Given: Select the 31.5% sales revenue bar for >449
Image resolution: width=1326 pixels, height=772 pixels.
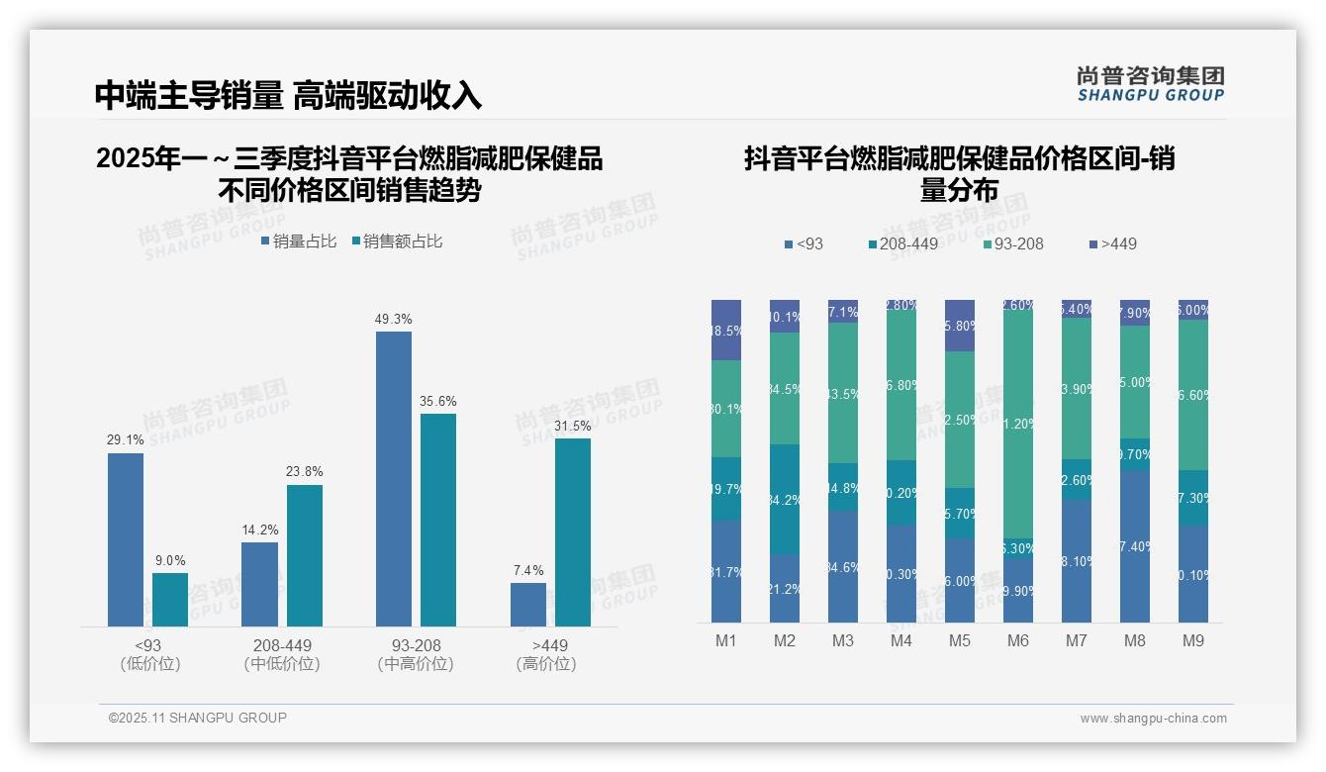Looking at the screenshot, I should point(572,532).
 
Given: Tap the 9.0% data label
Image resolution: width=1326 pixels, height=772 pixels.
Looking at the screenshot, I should point(170,560).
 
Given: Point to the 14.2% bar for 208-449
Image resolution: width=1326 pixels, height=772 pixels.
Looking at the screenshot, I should point(259,584).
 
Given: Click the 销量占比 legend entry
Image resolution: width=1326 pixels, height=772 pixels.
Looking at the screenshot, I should point(299,241).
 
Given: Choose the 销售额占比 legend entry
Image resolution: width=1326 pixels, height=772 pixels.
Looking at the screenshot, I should point(397,241).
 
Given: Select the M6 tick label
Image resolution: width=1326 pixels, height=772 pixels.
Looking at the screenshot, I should point(1018,640).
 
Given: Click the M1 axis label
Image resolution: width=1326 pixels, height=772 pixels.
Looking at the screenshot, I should point(726,640).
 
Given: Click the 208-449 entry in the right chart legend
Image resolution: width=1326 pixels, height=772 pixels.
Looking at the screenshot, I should point(903,243).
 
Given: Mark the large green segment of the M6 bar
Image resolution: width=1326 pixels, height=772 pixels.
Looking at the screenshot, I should point(1018,424).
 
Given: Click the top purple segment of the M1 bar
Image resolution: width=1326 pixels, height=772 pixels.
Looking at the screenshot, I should point(726,330).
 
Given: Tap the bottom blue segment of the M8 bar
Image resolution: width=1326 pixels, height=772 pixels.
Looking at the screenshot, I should point(1135,546).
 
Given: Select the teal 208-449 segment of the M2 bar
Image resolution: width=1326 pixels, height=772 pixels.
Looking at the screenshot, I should point(785,499).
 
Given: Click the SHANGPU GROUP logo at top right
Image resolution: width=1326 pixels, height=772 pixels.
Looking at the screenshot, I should point(1150,84).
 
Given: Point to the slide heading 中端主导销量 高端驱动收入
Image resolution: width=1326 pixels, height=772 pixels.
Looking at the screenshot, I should point(288,95).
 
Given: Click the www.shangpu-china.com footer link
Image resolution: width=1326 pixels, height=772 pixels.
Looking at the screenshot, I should point(1153,719).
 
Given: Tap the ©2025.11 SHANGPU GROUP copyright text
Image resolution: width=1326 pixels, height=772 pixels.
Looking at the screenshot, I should point(198,718).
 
